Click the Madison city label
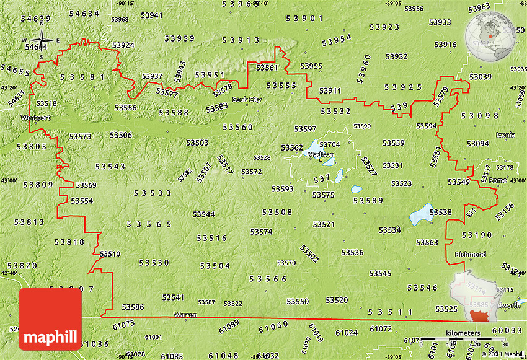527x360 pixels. click(321, 155)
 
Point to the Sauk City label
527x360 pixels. click(247, 100)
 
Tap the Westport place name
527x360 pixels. click(35, 117)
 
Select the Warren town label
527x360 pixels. click(185, 315)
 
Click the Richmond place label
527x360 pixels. click(470, 255)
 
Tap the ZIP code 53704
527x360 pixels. click(329, 144)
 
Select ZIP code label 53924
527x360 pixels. click(123, 45)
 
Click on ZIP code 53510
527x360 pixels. click(110, 254)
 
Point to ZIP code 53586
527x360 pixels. click(133, 307)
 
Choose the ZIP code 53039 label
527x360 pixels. click(480, 77)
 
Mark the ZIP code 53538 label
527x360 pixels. click(440, 213)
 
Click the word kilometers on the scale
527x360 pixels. click(462, 333)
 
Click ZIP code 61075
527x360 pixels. click(123, 324)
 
